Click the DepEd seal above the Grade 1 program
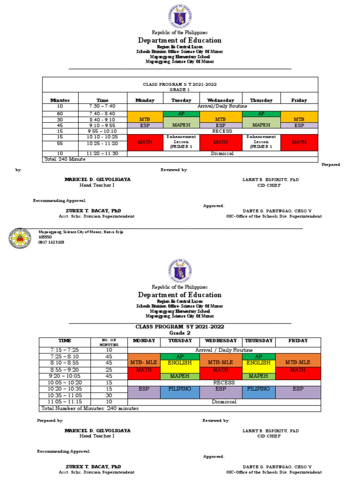click(180, 17)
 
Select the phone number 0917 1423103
click(51, 242)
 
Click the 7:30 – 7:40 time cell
click(102, 106)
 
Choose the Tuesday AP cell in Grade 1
click(181, 114)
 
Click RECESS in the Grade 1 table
click(222, 131)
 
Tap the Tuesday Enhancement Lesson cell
click(181, 142)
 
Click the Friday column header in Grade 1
click(299, 100)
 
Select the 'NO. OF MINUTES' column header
click(109, 342)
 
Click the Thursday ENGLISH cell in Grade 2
click(258, 363)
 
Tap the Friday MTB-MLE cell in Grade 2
click(298, 362)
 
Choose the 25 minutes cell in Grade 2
click(109, 369)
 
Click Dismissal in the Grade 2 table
click(224, 402)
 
